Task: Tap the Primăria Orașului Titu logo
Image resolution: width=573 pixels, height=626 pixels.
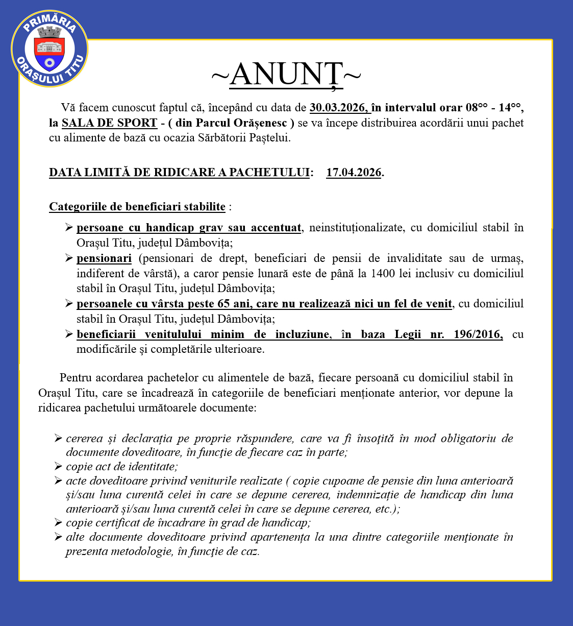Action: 49,49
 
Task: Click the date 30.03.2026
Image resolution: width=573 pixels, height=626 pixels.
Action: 338,108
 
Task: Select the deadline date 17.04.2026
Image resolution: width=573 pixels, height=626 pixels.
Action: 354,173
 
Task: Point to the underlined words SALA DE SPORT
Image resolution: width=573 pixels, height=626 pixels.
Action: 109,123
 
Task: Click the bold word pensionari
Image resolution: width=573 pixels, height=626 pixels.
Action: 104,258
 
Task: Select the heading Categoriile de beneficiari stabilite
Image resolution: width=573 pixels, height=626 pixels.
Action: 137,207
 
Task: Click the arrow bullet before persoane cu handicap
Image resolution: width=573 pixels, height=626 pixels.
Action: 69,227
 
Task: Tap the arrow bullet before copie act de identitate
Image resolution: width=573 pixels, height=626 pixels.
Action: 59,466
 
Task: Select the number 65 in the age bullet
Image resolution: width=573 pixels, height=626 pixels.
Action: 223,304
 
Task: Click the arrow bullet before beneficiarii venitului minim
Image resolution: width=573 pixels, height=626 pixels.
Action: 69,334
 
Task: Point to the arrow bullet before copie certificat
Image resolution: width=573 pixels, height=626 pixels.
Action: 59,523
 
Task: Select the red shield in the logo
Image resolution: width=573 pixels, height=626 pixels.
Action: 49,49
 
